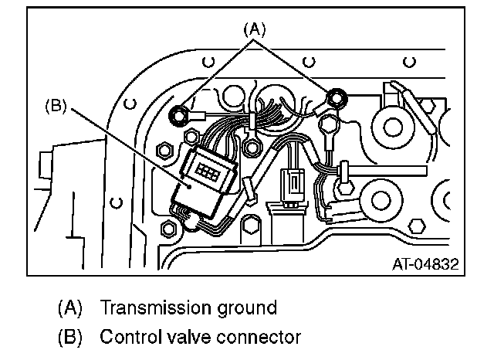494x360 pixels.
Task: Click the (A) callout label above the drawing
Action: (x=255, y=29)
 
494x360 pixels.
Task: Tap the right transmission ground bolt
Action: (x=335, y=97)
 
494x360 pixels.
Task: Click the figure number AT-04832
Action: (x=424, y=264)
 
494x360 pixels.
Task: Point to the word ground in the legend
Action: (x=246, y=307)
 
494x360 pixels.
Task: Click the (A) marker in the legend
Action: (x=70, y=307)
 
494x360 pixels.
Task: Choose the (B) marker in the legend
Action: (x=70, y=338)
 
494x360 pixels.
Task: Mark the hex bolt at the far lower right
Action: (x=416, y=226)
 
